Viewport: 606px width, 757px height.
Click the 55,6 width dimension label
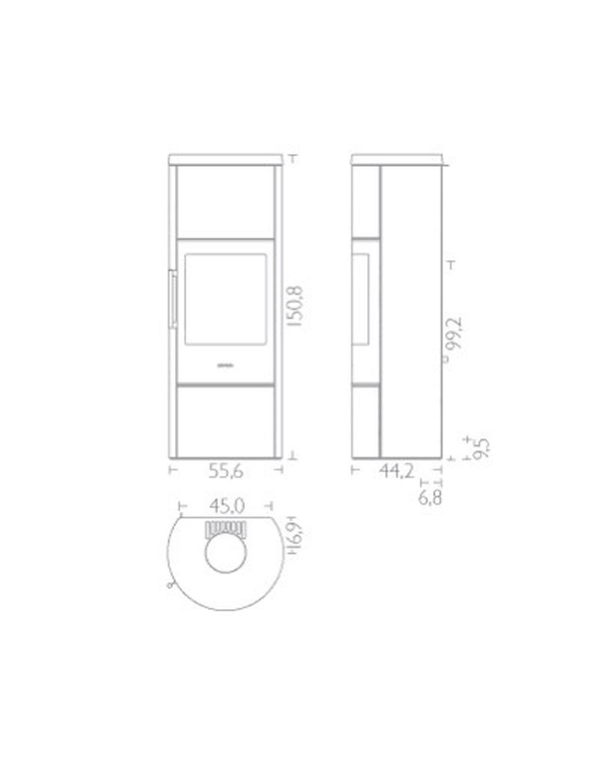point(226,471)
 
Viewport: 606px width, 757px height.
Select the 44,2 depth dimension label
point(397,471)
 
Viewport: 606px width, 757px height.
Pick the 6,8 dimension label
point(431,498)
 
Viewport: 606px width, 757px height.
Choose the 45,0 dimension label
point(227,506)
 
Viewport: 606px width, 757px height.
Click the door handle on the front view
point(173,300)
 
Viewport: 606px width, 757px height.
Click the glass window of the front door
point(225,298)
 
